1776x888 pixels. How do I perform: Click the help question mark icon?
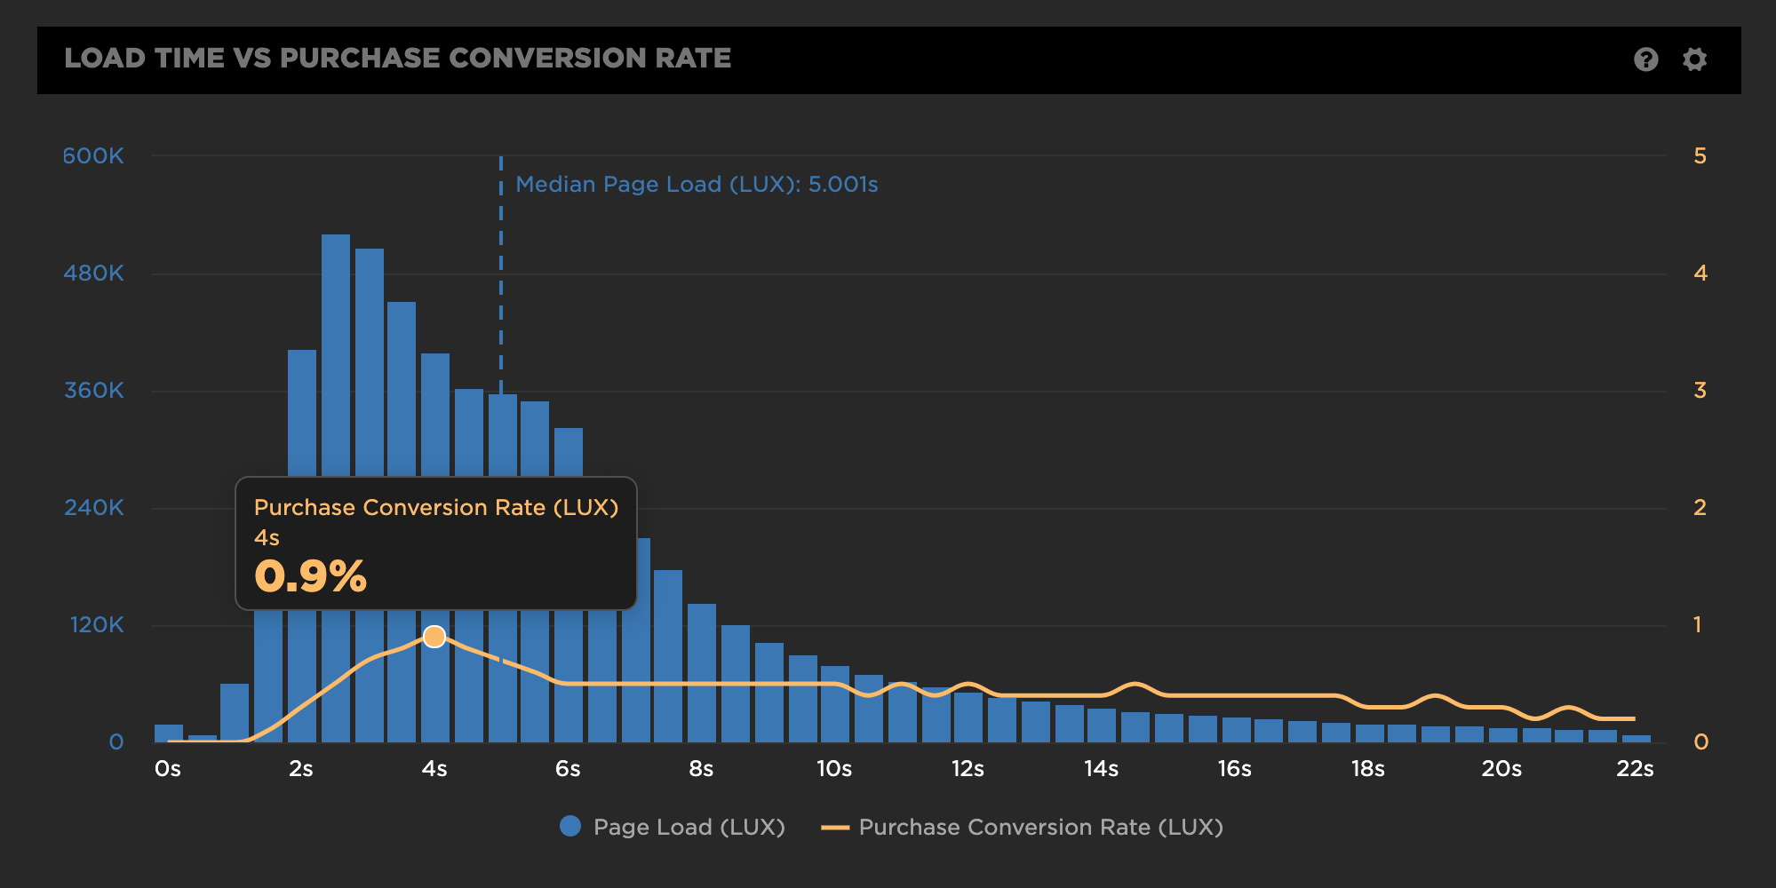1645,59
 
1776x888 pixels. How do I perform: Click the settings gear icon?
1694,59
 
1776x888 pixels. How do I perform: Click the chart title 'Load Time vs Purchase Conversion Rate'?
397,59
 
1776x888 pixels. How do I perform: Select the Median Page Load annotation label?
697,185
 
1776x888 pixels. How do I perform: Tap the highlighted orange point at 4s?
434,637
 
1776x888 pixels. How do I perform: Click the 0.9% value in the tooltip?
310,576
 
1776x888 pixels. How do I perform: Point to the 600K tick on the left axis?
93,156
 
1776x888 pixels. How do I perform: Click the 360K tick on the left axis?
93,391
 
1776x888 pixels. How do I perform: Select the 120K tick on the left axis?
97,625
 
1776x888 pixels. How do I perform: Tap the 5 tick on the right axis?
1700,156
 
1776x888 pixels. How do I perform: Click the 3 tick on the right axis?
1700,391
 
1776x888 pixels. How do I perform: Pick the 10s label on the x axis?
834,769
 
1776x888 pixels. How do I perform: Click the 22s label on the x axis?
1635,769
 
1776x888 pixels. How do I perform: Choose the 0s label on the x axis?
168,769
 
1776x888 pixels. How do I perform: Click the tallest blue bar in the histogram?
336,355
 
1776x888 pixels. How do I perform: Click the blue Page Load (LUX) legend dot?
570,827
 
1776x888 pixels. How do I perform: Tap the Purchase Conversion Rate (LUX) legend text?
1040,828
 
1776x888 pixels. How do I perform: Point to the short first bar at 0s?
169,733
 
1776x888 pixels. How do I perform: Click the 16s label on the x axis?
1234,769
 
